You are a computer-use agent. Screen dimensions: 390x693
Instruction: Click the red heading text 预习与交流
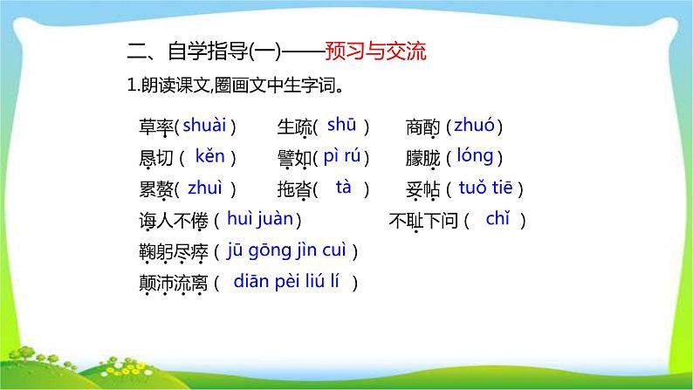374,51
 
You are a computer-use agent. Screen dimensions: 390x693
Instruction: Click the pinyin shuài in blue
205,126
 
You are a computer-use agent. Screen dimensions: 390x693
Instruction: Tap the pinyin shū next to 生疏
341,126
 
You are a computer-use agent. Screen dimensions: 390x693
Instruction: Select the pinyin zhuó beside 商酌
474,126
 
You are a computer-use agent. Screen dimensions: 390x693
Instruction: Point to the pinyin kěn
209,157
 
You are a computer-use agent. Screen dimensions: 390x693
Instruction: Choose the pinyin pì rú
341,157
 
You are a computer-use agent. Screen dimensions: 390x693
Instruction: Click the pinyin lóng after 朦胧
475,157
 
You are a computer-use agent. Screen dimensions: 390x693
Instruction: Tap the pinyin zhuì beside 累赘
205,188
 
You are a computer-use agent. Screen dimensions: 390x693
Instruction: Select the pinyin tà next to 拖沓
343,187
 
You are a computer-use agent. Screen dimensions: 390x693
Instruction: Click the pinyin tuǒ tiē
490,188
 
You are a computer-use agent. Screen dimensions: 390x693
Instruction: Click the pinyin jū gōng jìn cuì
286,250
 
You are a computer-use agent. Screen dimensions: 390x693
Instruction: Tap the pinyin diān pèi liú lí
292,281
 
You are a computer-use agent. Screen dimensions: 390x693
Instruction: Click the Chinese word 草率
154,127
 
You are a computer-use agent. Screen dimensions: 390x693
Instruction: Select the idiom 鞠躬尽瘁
172,252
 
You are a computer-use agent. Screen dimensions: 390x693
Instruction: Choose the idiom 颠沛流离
172,283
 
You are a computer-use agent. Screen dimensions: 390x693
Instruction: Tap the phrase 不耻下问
422,221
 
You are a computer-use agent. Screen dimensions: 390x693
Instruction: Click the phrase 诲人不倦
172,221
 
